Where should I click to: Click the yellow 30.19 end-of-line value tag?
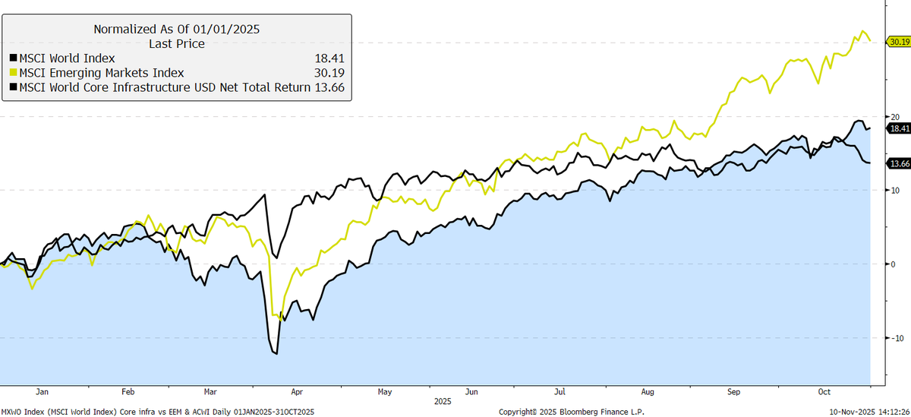tap(898, 41)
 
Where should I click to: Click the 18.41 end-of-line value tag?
tap(898, 129)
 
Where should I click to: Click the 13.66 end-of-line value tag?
tap(898, 163)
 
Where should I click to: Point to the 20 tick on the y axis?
tap(894, 116)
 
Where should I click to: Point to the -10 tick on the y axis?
tap(896, 338)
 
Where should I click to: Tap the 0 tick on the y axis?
tap(893, 264)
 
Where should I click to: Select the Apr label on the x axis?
tap(296, 392)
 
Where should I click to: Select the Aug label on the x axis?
tap(647, 392)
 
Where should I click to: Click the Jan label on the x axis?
tap(42, 392)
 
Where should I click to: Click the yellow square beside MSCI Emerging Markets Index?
tap(13, 72)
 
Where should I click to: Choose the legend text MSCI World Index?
tap(61, 58)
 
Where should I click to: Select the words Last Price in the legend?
tap(176, 43)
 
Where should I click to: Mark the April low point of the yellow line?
tap(283, 321)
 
